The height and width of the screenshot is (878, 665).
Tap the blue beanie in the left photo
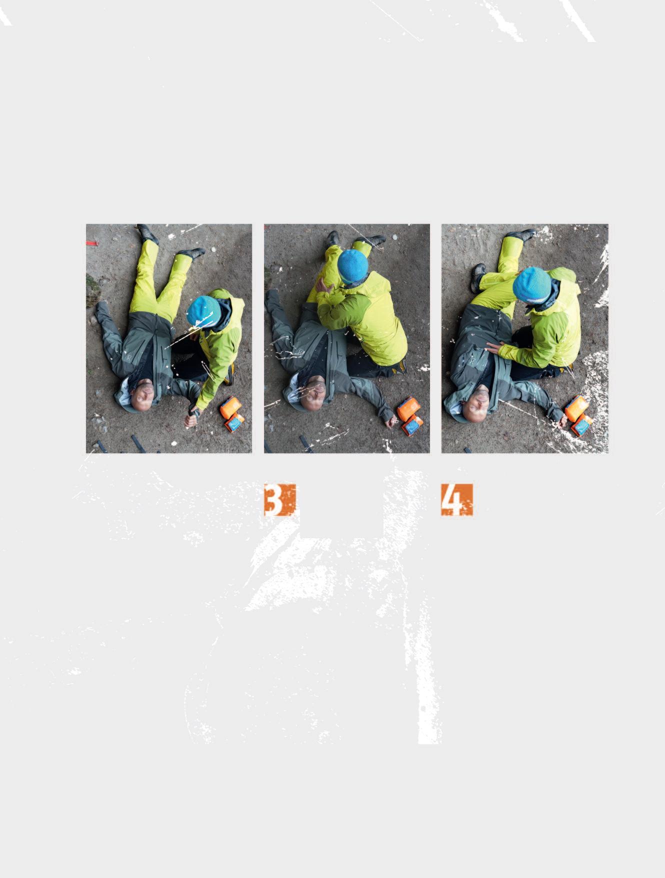point(203,311)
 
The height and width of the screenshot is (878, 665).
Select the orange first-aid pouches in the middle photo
point(410,415)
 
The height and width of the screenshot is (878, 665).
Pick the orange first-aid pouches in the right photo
point(579,415)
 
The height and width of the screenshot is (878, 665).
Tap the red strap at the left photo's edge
point(92,243)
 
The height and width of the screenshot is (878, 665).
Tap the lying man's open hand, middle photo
point(391,423)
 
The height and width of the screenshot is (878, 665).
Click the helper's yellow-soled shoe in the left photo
point(229,374)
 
